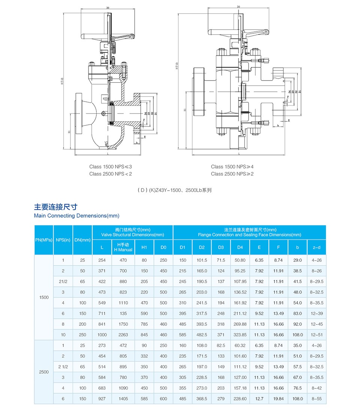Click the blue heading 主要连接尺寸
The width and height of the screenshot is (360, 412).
[x=56, y=207]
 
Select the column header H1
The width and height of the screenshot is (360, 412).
[x=144, y=247]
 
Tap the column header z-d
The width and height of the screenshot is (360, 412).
[x=316, y=247]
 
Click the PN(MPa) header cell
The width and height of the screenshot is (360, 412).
[x=43, y=240]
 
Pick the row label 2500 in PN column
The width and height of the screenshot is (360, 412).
[x=43, y=372]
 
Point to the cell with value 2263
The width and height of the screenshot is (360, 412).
[x=123, y=335]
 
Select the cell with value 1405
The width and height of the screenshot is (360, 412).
[x=123, y=399]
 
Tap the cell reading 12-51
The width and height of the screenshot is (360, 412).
[x=316, y=335]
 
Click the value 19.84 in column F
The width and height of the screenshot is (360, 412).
[x=278, y=399]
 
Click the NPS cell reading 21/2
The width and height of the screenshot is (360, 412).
[x=63, y=282]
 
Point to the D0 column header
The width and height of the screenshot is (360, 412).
[x=163, y=247]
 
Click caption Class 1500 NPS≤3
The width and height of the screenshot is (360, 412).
[x=111, y=167]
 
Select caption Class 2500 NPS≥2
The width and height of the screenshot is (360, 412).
[x=232, y=174]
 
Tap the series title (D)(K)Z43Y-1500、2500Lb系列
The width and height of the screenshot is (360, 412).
[x=175, y=190]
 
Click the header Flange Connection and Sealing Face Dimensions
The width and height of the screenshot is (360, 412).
[x=249, y=235]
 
